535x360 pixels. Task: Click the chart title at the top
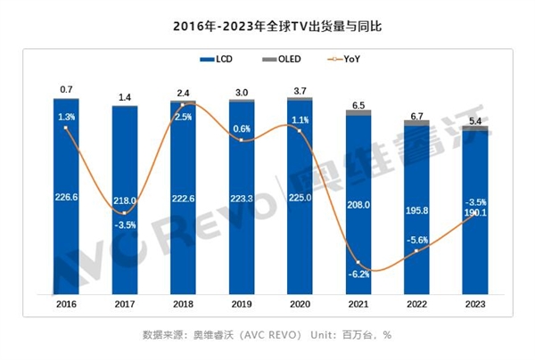point(267,26)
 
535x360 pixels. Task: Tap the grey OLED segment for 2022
point(417,122)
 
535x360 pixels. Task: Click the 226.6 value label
point(66,200)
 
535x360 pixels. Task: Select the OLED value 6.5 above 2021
point(358,105)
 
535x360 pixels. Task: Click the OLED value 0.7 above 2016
point(66,90)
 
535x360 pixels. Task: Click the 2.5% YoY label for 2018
point(183,117)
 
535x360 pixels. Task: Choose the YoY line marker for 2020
point(300,132)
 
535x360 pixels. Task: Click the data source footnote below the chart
point(267,336)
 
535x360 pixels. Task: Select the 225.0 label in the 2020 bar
point(300,200)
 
